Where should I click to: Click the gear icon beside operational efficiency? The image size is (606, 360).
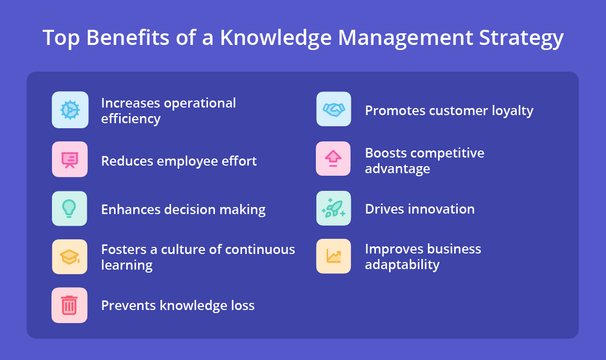point(70,110)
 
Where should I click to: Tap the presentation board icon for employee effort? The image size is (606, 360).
point(70,160)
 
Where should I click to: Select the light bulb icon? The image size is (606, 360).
point(70,209)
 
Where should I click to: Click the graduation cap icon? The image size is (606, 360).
point(70,257)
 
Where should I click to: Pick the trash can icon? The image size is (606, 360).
point(70,305)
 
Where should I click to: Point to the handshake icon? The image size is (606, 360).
point(334,109)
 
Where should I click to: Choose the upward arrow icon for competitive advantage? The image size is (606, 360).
point(334,159)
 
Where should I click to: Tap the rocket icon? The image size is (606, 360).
point(334,208)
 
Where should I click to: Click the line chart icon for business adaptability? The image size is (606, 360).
point(334,256)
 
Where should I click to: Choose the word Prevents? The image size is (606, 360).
point(128,305)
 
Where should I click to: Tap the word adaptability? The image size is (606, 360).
point(402,265)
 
